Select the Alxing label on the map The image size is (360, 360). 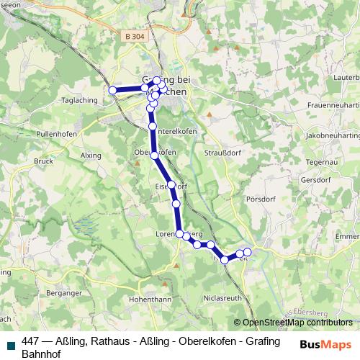pyautogui.click(x=91, y=155)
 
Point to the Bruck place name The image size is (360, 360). pyautogui.click(x=43, y=162)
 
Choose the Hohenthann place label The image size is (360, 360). pyautogui.click(x=149, y=298)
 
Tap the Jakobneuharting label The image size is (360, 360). pyautogui.click(x=331, y=135)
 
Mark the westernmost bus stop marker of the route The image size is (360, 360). pyautogui.click(x=112, y=90)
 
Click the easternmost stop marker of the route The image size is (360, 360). pyautogui.click(x=247, y=252)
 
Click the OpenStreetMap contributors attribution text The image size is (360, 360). pyautogui.click(x=297, y=323)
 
